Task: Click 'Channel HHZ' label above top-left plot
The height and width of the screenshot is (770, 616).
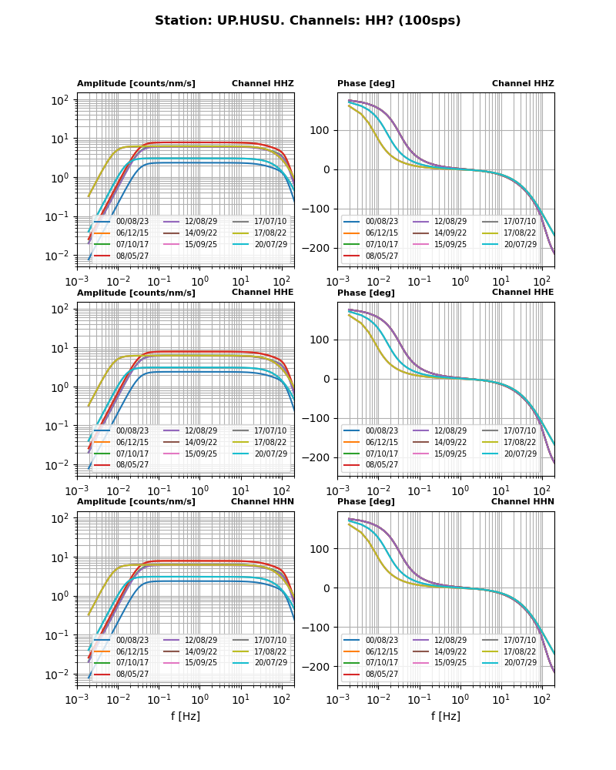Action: pos(263,84)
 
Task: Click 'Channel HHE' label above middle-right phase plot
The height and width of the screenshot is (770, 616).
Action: pos(523,293)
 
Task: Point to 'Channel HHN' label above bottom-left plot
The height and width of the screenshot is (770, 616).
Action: pos(263,502)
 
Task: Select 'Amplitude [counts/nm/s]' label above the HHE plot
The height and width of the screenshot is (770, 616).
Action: pos(136,293)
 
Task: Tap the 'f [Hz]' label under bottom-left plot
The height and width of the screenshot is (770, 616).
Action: pos(186,716)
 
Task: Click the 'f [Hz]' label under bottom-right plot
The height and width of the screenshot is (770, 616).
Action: pos(446,716)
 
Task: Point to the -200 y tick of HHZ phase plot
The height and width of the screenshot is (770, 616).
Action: pos(319,248)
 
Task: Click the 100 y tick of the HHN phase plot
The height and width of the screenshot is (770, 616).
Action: pos(322,549)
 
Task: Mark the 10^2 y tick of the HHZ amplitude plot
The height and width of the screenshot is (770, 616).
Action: pos(61,99)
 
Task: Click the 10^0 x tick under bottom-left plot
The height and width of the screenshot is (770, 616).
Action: pos(199,699)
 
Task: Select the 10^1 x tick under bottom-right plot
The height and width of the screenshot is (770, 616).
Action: pos(500,699)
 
